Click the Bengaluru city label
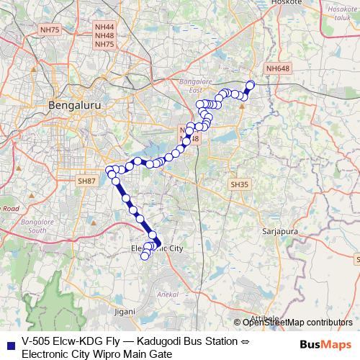(76, 105)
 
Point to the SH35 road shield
(239, 184)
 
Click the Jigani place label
(125, 312)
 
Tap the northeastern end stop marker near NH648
(251, 85)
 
